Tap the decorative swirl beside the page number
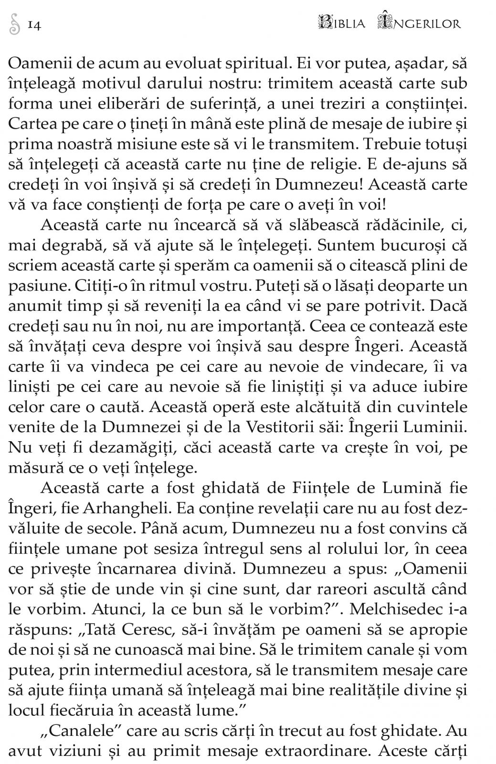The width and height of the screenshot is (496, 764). point(14,24)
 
